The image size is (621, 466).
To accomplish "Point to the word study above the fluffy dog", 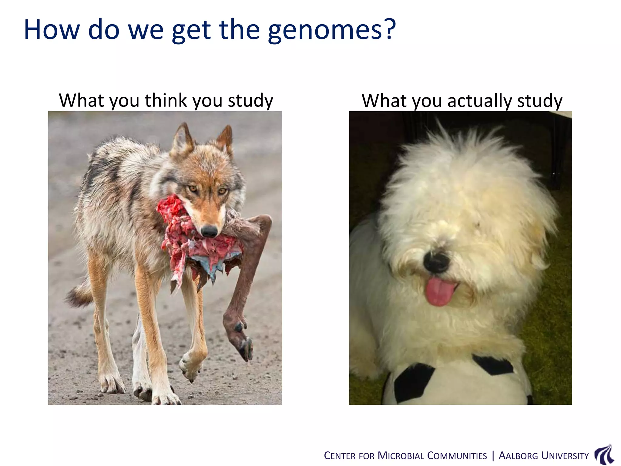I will [x=540, y=101].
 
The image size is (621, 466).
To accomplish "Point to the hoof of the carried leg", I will [x=246, y=349].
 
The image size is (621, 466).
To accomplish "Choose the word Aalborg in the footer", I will [x=518, y=456].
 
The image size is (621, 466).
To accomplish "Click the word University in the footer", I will [x=565, y=456].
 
